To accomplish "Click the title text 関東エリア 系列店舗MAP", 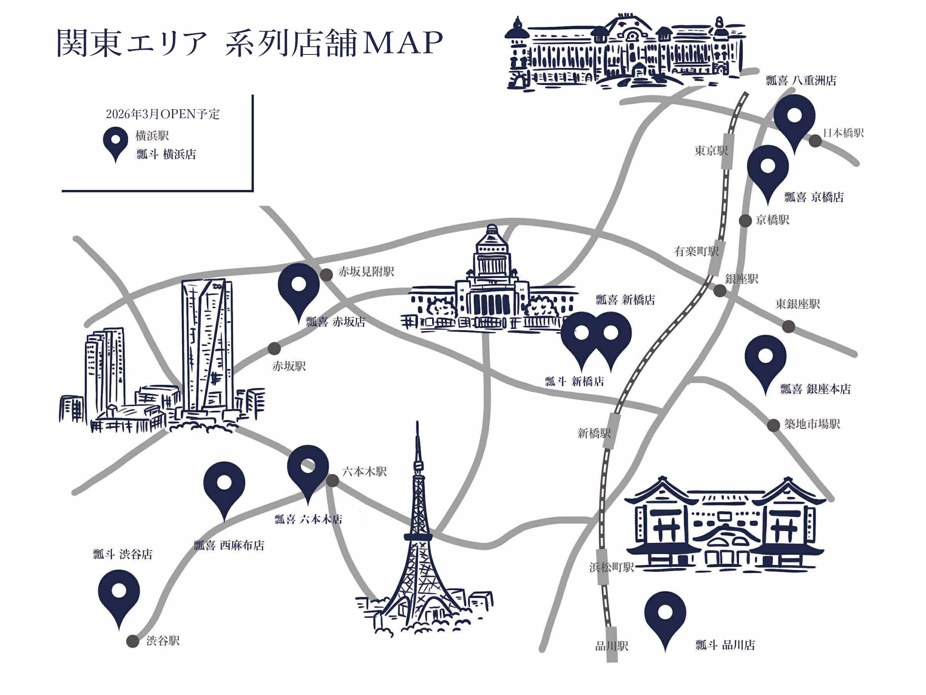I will (x=250, y=43).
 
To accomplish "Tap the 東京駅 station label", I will (x=711, y=151).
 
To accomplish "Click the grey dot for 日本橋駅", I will (x=814, y=141).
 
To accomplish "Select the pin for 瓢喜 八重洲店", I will (x=794, y=117).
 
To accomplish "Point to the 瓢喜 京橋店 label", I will (x=813, y=197).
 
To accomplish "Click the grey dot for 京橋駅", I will (x=745, y=221).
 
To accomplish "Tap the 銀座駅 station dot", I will (x=720, y=291).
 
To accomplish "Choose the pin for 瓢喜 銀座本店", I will (x=765, y=358).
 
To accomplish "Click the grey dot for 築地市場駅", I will (x=773, y=425).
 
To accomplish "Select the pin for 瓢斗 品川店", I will (x=665, y=614).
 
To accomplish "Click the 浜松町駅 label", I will (x=611, y=567).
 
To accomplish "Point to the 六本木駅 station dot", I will (x=332, y=480).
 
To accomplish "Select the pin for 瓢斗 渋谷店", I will (x=119, y=592).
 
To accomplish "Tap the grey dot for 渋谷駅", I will (x=133, y=641).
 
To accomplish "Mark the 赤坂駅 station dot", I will (x=274, y=348).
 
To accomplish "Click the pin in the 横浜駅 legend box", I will (x=115, y=142).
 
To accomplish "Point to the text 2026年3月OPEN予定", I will (x=162, y=114).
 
